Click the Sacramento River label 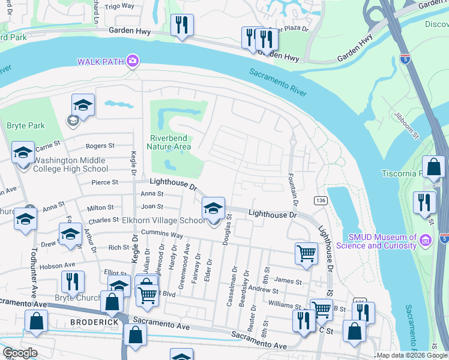[278, 82]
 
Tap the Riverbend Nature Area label [170, 142]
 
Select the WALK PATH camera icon [133, 61]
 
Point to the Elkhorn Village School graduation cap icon [213, 208]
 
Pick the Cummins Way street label [163, 236]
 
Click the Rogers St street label [100, 146]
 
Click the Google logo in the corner [20, 353]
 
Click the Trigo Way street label [119, 6]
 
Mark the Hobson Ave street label [62, 265]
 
